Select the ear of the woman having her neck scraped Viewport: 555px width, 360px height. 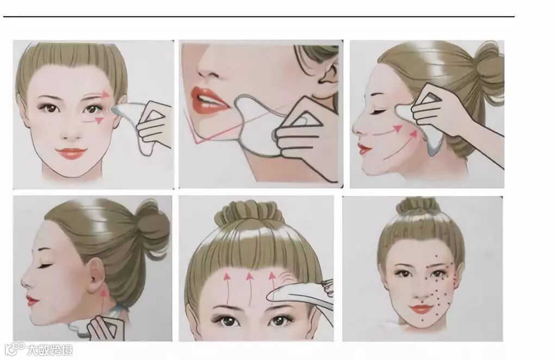pos(94,272)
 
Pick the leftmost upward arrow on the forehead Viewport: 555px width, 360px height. pos(225,287)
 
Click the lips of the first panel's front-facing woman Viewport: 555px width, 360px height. pos(71,153)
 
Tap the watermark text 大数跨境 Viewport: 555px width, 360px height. pos(50,350)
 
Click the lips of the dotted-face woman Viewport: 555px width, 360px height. pos(421,309)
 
